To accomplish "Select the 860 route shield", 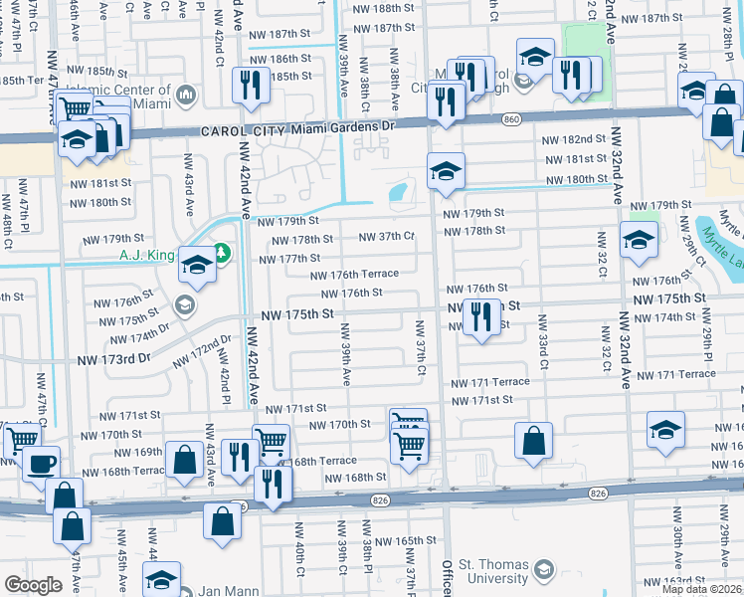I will pyautogui.click(x=511, y=119).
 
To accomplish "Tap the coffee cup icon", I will pyautogui.click(x=41, y=464).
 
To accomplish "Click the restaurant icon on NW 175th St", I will pyautogui.click(x=482, y=317).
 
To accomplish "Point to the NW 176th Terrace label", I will pyautogui.click(x=354, y=274).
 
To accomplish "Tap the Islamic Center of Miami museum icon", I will pyautogui.click(x=186, y=95).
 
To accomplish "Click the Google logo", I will pyautogui.click(x=33, y=585).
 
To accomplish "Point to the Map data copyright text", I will pyautogui.click(x=701, y=589).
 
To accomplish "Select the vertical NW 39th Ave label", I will pyautogui.click(x=346, y=354).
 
